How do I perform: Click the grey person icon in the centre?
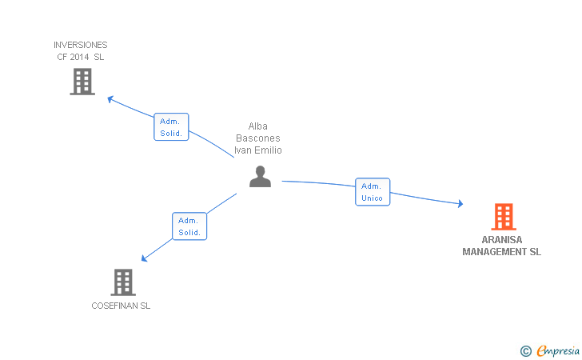click(x=260, y=176)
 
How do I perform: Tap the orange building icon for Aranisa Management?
click(x=503, y=217)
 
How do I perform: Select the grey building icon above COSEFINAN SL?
click(x=122, y=282)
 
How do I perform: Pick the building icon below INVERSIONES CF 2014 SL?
click(x=82, y=82)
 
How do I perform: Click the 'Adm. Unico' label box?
click(x=373, y=192)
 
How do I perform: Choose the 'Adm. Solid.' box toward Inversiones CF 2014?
click(x=171, y=127)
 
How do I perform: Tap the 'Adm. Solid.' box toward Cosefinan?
click(x=189, y=226)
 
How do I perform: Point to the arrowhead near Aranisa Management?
click(x=460, y=205)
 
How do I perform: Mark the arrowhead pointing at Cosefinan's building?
click(x=145, y=258)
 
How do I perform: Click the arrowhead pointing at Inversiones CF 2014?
click(x=111, y=99)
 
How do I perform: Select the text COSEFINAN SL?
click(x=121, y=306)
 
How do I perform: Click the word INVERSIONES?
click(x=80, y=46)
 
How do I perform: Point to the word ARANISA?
click(x=502, y=240)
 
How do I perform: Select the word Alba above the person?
click(x=257, y=126)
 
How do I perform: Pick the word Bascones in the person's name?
click(x=257, y=138)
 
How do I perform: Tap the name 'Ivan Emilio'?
click(x=257, y=150)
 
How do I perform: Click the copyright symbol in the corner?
click(x=525, y=350)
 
